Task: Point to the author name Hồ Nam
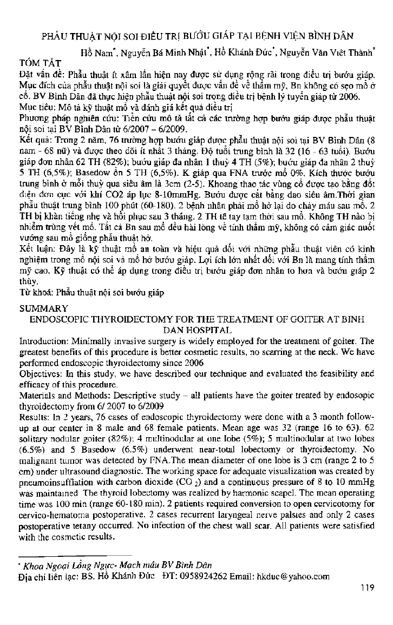pyautogui.click(x=93, y=52)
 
